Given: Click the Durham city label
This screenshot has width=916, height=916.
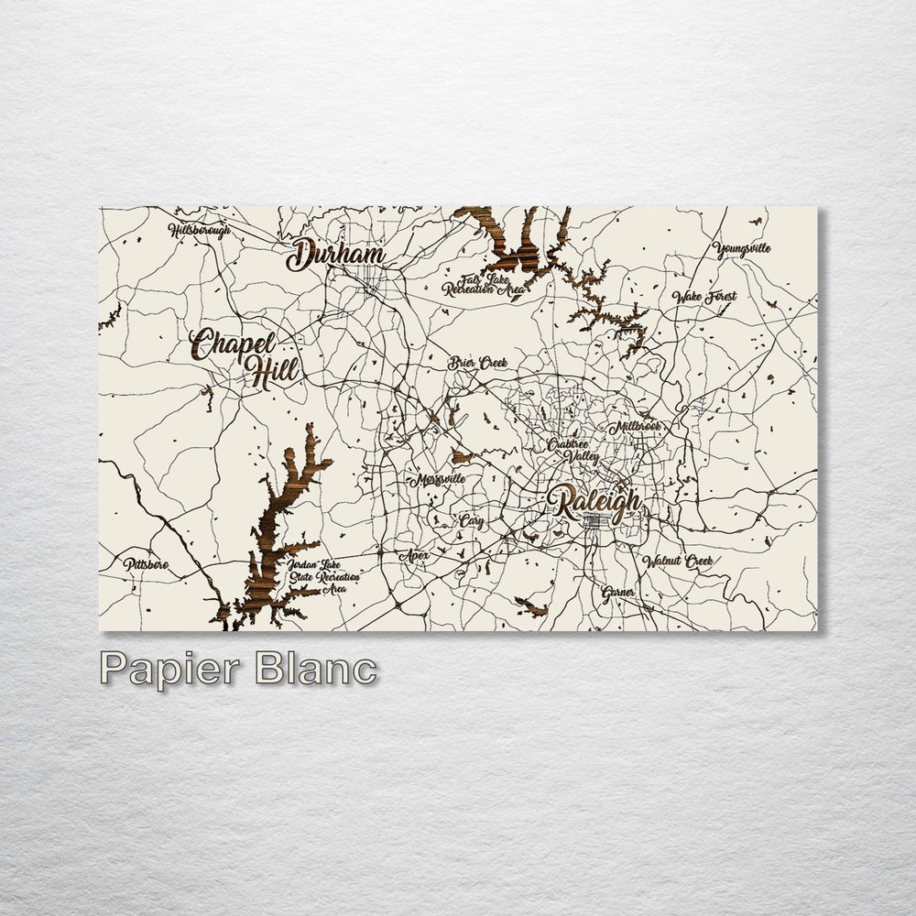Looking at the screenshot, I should click(x=335, y=256).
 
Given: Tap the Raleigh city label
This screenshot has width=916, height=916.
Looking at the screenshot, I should click(x=594, y=504).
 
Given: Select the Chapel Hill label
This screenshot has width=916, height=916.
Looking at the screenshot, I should click(x=245, y=357).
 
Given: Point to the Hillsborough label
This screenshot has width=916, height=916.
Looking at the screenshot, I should click(x=199, y=230).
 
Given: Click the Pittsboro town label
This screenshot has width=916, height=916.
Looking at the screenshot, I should click(x=147, y=564).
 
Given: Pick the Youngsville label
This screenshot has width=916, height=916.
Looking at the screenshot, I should click(x=742, y=248).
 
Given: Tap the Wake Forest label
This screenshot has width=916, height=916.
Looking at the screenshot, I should click(x=704, y=297).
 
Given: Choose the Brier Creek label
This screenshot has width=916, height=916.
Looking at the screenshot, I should click(x=477, y=363).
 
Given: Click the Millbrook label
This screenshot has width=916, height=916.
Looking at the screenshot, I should click(x=636, y=427).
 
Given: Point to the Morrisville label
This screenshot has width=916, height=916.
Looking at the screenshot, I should click(x=438, y=479).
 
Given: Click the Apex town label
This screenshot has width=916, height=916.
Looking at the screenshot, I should click(x=413, y=555).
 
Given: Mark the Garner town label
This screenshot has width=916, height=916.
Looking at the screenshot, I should click(x=618, y=592).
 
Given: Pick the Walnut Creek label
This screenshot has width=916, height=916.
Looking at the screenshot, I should click(x=677, y=560).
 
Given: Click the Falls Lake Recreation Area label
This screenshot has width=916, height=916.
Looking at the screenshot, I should click(x=484, y=285).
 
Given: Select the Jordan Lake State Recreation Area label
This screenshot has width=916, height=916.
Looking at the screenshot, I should click(x=322, y=577).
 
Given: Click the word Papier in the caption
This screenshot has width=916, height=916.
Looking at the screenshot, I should click(x=170, y=669).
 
